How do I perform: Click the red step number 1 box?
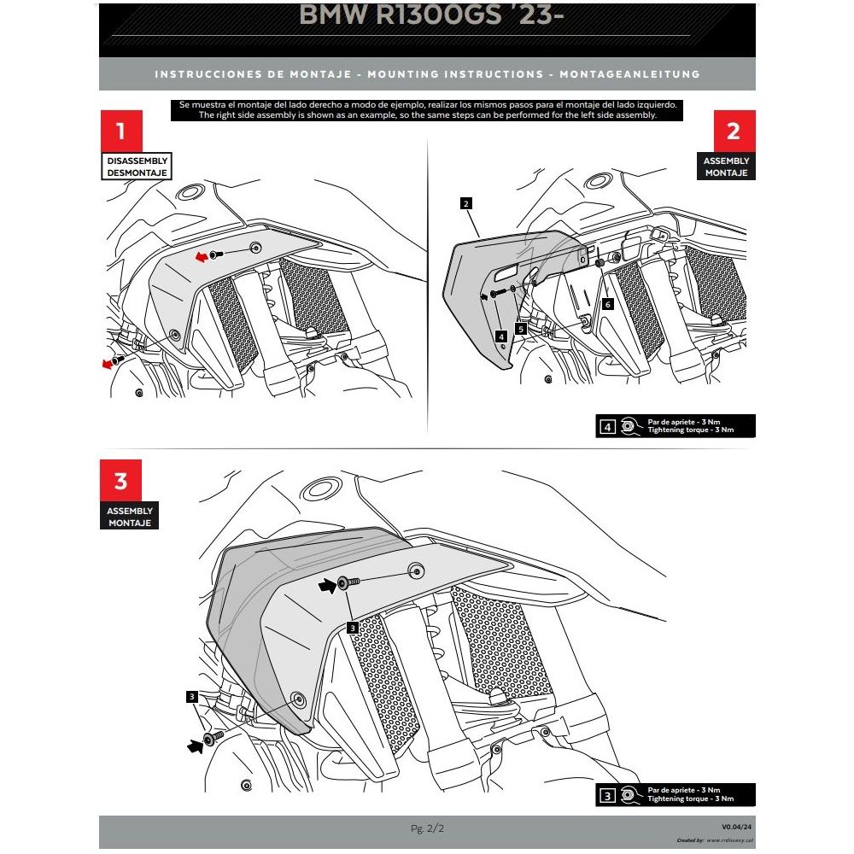coord(120,132)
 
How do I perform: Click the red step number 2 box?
coord(733,132)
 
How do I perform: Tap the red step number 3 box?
coord(120,481)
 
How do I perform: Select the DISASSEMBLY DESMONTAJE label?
coord(136,167)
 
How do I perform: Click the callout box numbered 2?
coord(465,203)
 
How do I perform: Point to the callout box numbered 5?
coord(520,328)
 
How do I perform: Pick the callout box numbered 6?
coord(607,303)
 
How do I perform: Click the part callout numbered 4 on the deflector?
coord(501,336)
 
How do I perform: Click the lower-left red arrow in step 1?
coord(108,364)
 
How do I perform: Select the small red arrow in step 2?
coord(484,295)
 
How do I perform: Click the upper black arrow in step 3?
coord(326,585)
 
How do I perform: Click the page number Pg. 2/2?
coord(427,828)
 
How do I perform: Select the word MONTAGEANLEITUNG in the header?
coord(630,74)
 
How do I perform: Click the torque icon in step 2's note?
coord(629,424)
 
